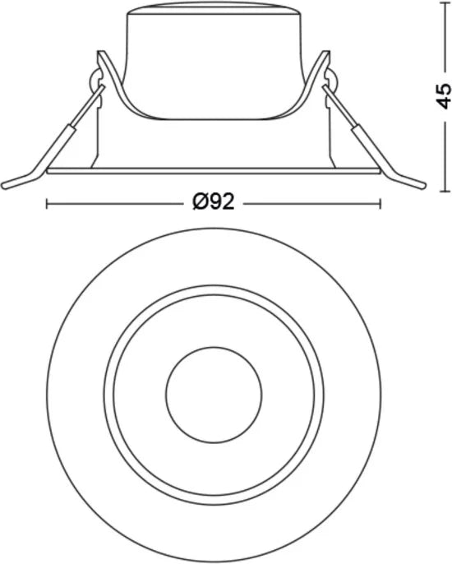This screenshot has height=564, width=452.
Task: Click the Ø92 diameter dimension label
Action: (x=214, y=201)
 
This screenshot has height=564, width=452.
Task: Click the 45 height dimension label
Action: (x=443, y=95)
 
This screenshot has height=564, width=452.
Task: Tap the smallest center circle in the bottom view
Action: (x=214, y=395)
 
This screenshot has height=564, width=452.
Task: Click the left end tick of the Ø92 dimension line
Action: (x=47, y=204)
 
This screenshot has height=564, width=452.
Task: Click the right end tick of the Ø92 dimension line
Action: (x=380, y=204)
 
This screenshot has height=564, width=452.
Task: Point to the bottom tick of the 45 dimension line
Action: (x=446, y=191)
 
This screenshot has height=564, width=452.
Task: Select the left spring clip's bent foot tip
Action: (x=4, y=186)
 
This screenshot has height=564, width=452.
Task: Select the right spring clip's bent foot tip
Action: (x=423, y=186)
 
